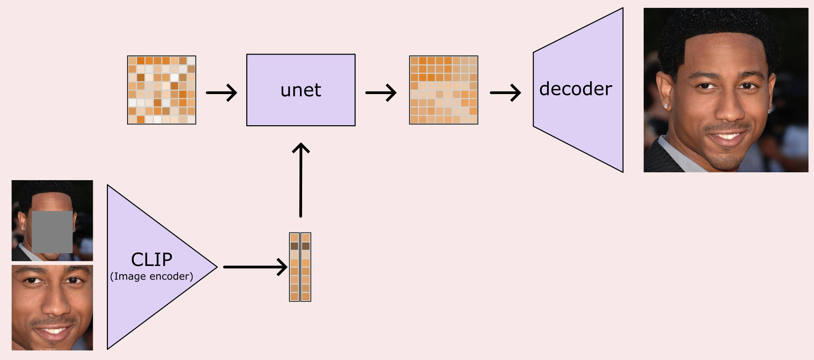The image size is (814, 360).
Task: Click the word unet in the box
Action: [x=301, y=90]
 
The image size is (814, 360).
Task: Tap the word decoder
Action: [x=575, y=89]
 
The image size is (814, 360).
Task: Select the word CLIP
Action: [x=152, y=259]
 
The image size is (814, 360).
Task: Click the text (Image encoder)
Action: [x=152, y=276]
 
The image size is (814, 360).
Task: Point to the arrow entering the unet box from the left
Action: [x=222, y=92]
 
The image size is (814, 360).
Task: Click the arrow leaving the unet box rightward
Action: [x=381, y=92]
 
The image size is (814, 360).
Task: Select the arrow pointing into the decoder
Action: [x=505, y=92]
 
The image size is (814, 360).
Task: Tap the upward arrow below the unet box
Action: [x=301, y=180]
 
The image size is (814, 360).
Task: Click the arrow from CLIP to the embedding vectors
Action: [x=256, y=267]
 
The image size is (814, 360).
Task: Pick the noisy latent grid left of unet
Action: [x=161, y=90]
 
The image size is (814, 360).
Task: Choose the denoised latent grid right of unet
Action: [x=443, y=90]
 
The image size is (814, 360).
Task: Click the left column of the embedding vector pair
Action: [x=294, y=267]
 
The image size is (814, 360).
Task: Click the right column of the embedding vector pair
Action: [x=306, y=267]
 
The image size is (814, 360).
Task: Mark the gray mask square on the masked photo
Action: [x=52, y=232]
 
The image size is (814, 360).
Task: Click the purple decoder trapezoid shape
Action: [x=578, y=90]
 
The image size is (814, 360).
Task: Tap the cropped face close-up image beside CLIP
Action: [x=52, y=307]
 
